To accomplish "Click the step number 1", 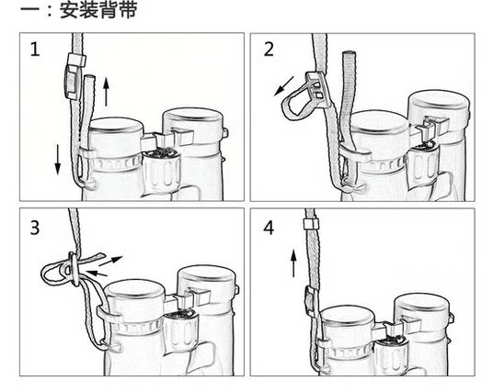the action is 35,50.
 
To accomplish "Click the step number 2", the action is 269,50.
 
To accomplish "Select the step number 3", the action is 35,228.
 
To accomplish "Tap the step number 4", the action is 269,228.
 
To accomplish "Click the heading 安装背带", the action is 98,10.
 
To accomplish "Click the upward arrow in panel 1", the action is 106,92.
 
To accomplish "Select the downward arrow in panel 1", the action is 58,160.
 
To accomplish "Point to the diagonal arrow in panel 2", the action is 284,85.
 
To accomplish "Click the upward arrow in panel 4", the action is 293,263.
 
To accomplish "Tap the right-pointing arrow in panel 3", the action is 111,261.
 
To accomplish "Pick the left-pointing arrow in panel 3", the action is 97,274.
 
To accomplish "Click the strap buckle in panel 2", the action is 318,89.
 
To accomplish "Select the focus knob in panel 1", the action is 162,171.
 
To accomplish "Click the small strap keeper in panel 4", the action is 310,224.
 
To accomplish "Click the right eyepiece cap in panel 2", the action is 440,106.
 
